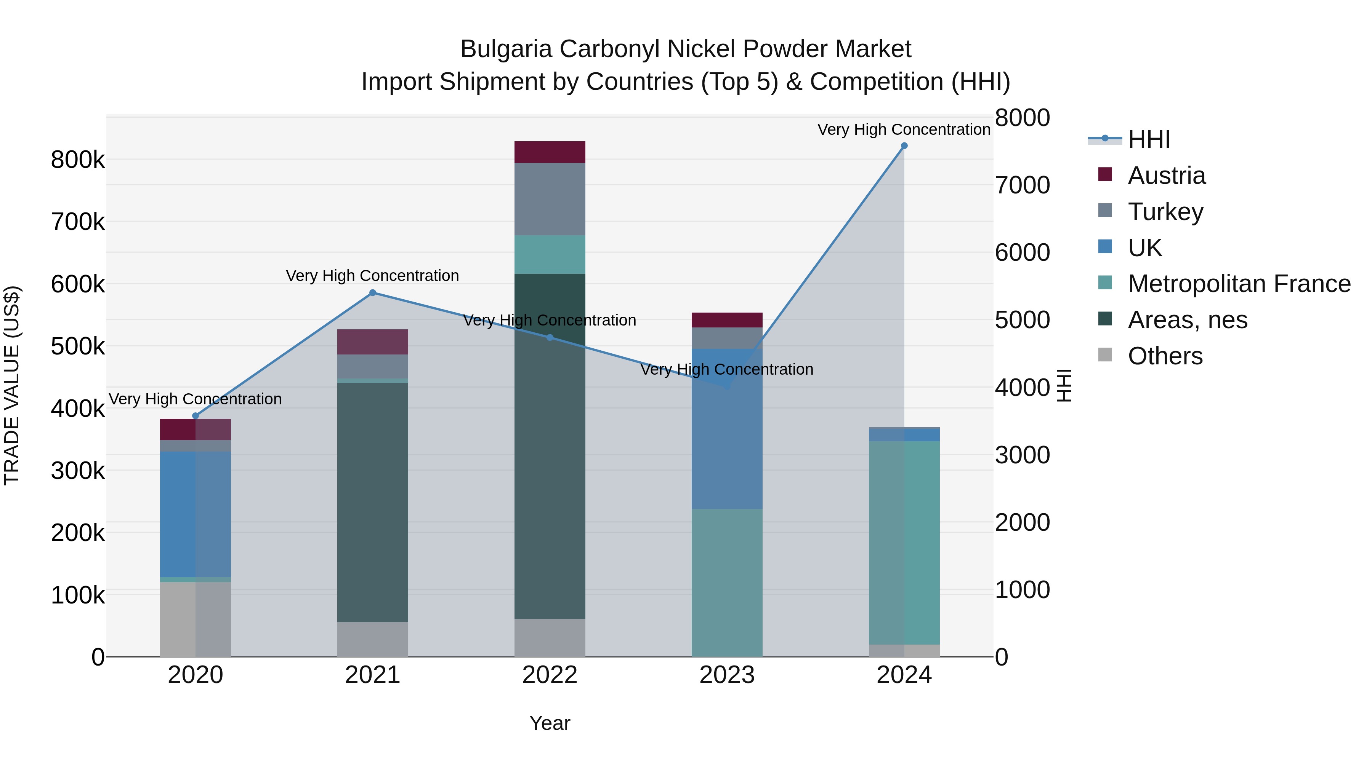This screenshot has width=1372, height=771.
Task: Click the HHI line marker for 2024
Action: point(904,146)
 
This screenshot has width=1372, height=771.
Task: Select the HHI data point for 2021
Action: point(373,293)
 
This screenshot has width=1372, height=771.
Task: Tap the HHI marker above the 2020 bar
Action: point(196,416)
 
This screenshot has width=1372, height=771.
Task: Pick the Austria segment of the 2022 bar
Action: point(550,152)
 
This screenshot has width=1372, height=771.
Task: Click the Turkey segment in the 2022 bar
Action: point(550,199)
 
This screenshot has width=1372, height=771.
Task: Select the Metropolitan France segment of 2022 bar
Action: point(550,254)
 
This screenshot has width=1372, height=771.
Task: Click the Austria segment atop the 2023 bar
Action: point(727,320)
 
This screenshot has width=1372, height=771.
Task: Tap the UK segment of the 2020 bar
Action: point(196,514)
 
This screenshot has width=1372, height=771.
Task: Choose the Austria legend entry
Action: point(1167,176)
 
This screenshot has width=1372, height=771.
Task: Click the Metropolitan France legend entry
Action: point(1239,284)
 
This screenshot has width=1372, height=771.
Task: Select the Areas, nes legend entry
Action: point(1187,320)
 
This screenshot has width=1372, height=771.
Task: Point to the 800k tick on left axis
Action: point(78,160)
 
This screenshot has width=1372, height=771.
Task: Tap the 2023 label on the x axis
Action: point(727,675)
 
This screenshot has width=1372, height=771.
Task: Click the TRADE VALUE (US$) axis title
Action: point(12,385)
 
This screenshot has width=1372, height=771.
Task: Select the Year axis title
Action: point(550,723)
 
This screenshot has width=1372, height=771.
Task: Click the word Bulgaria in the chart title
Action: point(506,49)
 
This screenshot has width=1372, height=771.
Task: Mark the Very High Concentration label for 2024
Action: point(904,129)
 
